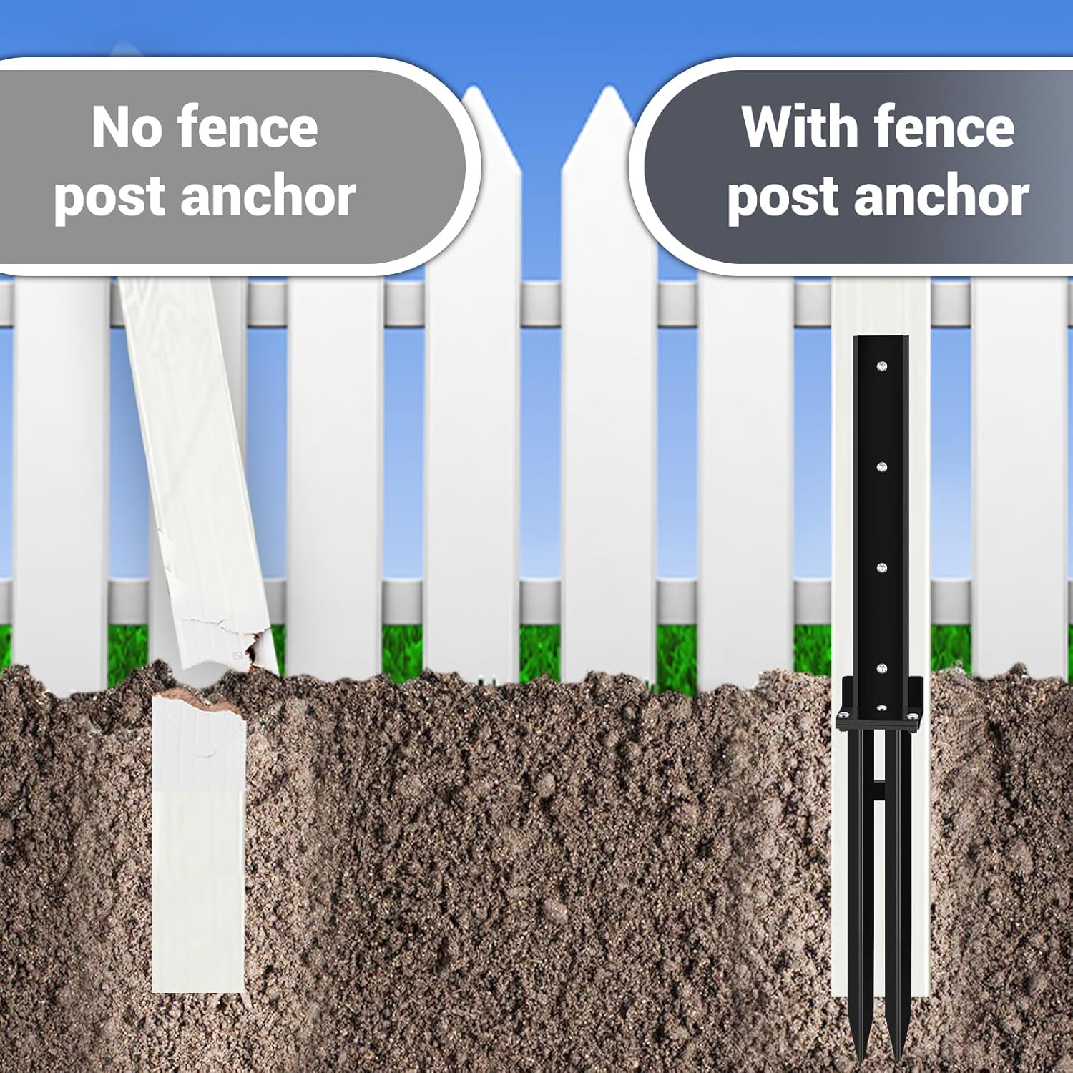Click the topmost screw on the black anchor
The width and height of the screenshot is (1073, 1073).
(x=881, y=366)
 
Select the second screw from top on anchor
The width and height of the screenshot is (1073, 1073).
(x=881, y=467)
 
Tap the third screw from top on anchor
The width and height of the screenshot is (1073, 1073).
(x=881, y=568)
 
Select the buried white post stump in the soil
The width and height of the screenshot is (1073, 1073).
(x=197, y=844)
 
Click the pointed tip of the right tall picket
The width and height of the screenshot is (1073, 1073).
(x=609, y=92)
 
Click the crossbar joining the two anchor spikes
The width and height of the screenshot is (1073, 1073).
(x=878, y=790)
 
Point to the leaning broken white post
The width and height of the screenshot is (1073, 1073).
(x=193, y=465)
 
